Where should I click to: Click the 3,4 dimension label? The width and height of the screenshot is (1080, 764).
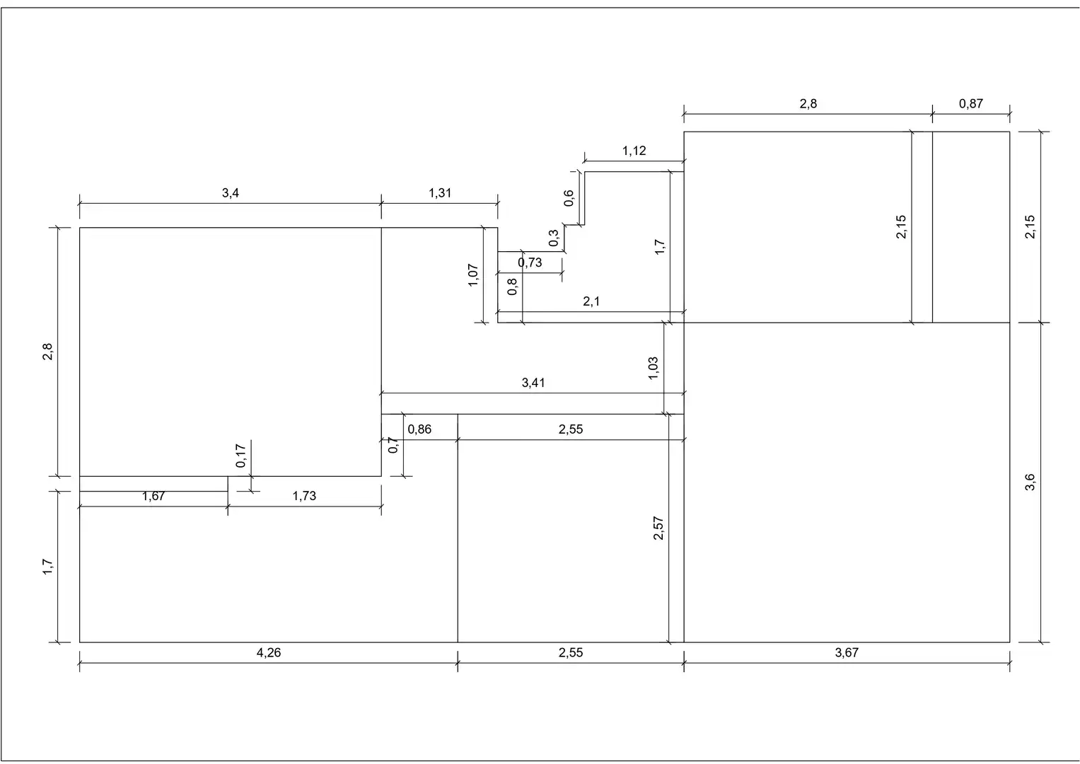tap(230, 193)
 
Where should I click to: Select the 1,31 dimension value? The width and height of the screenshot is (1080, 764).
tap(440, 193)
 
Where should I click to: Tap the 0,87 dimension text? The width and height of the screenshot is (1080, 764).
tap(970, 104)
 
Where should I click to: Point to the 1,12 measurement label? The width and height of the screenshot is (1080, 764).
tap(634, 151)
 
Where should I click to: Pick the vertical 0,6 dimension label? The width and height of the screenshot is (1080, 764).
tap(569, 198)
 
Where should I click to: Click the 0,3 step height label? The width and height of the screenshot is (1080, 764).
tap(554, 237)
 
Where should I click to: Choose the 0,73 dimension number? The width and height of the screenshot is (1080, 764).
tap(530, 262)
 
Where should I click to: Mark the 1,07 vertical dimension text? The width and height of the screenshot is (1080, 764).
tap(473, 275)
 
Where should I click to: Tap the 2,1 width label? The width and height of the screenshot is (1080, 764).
tap(591, 301)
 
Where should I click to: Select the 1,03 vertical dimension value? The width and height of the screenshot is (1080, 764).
tap(653, 368)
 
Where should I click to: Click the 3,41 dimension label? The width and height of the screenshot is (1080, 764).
tap(533, 383)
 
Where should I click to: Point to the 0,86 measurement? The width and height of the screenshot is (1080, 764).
tap(419, 429)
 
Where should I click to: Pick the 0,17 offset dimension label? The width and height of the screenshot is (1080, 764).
tap(240, 456)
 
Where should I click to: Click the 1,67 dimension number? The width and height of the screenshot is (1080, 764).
tap(153, 496)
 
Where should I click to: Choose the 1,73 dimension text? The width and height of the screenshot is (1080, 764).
tap(304, 496)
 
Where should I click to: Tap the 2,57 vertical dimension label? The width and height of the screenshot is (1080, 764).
tap(658, 528)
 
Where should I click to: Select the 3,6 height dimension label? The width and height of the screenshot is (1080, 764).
tap(1029, 482)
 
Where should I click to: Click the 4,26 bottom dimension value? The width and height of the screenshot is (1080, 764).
tap(269, 652)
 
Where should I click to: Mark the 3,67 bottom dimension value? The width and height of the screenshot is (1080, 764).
tap(847, 652)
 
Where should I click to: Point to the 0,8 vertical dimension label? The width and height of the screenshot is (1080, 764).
tap(512, 286)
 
